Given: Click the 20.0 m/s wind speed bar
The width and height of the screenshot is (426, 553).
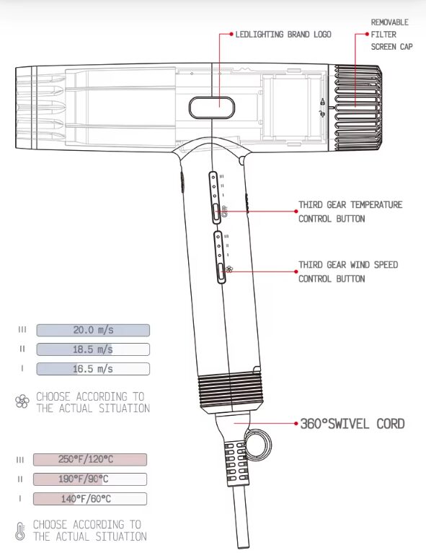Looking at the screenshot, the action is coord(93,330).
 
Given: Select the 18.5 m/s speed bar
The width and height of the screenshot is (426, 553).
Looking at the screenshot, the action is coord(93,349).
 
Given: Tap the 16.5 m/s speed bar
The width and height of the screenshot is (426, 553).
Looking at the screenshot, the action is coord(93,369).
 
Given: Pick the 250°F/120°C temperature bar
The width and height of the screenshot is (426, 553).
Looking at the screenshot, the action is coord(90,460).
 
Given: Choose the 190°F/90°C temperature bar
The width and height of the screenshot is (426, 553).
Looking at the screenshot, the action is coord(90,479).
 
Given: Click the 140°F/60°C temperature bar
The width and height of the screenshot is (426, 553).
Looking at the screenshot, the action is coord(90,499).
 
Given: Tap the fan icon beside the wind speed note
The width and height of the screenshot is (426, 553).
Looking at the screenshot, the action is coord(22,401).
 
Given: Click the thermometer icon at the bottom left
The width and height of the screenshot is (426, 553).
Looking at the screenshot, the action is coord(20,531).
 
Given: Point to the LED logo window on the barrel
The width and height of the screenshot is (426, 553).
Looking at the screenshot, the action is coord(212,108).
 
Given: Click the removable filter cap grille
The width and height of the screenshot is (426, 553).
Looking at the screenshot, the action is coord(358,108).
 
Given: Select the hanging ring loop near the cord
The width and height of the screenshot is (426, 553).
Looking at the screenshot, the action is coord(259,444).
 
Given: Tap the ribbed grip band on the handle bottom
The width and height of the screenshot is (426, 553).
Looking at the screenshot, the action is coord(231,392).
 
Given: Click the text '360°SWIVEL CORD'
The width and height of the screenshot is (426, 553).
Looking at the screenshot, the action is coord(352,424).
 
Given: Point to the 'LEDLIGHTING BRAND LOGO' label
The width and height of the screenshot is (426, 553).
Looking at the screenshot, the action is coord(283,34).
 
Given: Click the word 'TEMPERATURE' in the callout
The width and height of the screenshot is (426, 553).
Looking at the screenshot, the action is coord(376,204).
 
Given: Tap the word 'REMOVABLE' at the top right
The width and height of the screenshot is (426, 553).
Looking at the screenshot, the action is coord(390,22).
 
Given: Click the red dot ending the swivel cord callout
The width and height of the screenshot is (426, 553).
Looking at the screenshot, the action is coord(296,423).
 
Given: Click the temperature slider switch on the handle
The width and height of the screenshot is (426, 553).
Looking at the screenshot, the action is coord(216,213).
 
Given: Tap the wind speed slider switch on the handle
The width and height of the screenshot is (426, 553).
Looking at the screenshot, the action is coord(221,273).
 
